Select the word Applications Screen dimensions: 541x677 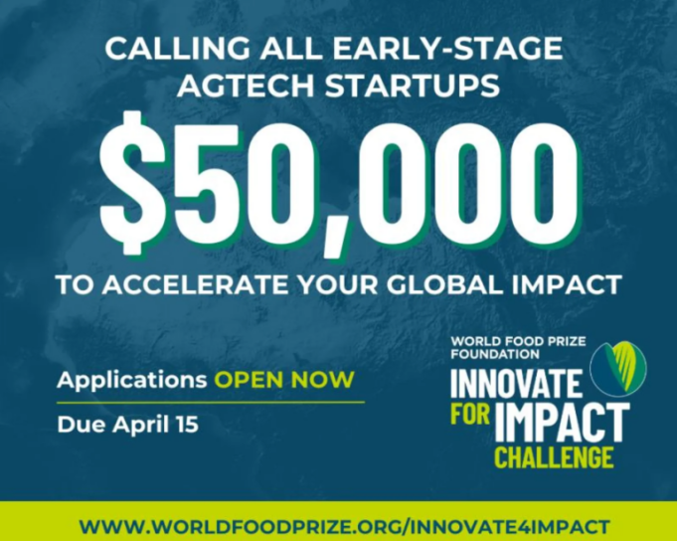[x=129, y=380]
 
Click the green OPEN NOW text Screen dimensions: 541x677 [x=284, y=380]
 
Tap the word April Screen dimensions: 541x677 [x=139, y=425]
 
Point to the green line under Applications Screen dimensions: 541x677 [x=211, y=402]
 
